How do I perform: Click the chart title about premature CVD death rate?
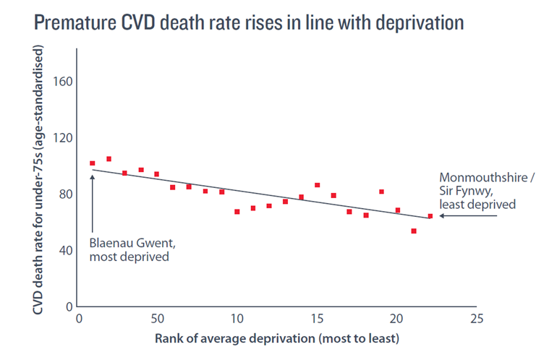[248, 22]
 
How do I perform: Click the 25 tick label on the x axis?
[475, 319]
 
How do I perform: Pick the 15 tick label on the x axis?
[316, 319]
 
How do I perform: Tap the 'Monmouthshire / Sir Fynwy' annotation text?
[478, 191]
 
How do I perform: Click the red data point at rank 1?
[93, 163]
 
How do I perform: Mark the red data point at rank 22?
[430, 215]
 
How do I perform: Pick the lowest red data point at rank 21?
[414, 231]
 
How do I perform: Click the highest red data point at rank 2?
[109, 159]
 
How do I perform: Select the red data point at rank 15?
[317, 185]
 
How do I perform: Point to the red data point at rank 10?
[237, 212]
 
